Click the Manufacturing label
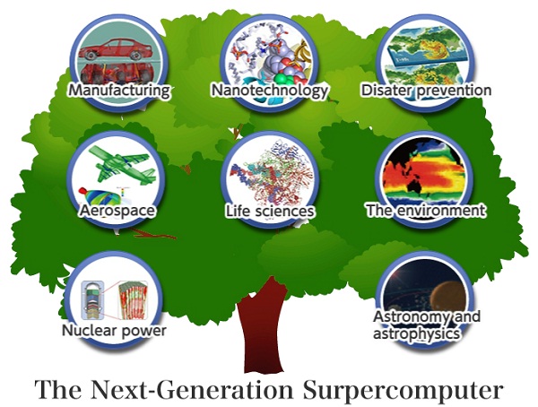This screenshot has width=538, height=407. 119,91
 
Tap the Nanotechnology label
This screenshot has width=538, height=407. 270,91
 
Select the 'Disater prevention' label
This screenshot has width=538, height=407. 426,91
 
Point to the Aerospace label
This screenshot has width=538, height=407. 117,211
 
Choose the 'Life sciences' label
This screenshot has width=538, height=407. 270,211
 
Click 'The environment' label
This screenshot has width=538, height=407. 426,210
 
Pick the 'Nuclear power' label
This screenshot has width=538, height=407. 114,331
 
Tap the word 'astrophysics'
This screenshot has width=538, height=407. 416,333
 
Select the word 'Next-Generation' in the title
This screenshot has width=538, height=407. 193,390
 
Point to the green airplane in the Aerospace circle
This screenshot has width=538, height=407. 123,163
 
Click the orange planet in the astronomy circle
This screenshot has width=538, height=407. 448,298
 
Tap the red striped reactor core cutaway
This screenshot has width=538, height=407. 133,299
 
